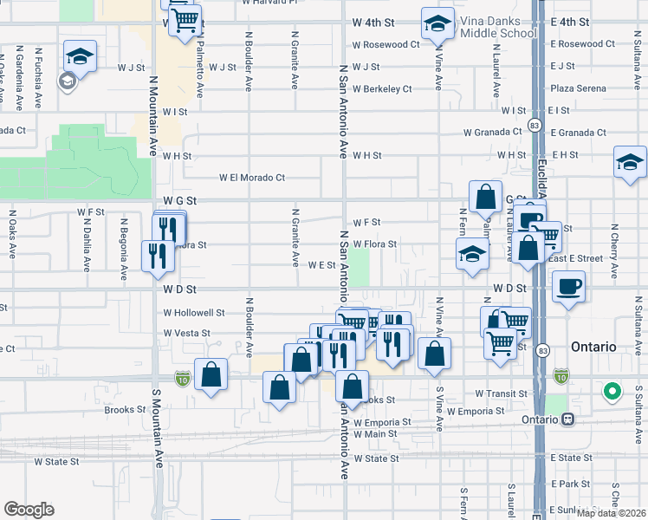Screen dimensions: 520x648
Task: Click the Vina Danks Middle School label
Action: pos(486,27)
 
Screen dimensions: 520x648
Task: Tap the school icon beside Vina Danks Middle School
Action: pos(438,23)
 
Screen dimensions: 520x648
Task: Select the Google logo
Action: pos(29,510)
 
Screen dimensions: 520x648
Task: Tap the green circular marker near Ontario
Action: pos(612,392)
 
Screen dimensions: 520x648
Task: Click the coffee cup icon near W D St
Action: pos(568,287)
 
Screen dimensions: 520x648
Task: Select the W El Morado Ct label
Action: pos(252,178)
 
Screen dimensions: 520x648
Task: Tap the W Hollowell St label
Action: pos(194,313)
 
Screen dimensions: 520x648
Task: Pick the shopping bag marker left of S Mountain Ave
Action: pos(211,375)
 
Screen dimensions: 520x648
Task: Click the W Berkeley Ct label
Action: pos(382,88)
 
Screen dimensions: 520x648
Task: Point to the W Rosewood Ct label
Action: pos(386,44)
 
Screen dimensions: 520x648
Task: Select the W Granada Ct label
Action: pos(492,133)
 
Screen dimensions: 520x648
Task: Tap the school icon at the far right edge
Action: pos(630,162)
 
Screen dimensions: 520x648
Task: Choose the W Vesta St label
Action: pos(187,333)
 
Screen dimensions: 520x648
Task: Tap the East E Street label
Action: pos(574,258)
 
